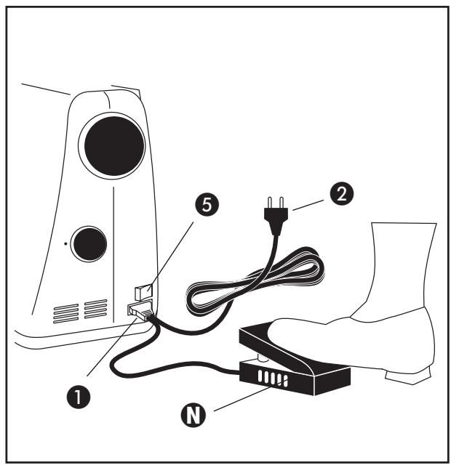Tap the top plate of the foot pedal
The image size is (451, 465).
click(287, 341)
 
